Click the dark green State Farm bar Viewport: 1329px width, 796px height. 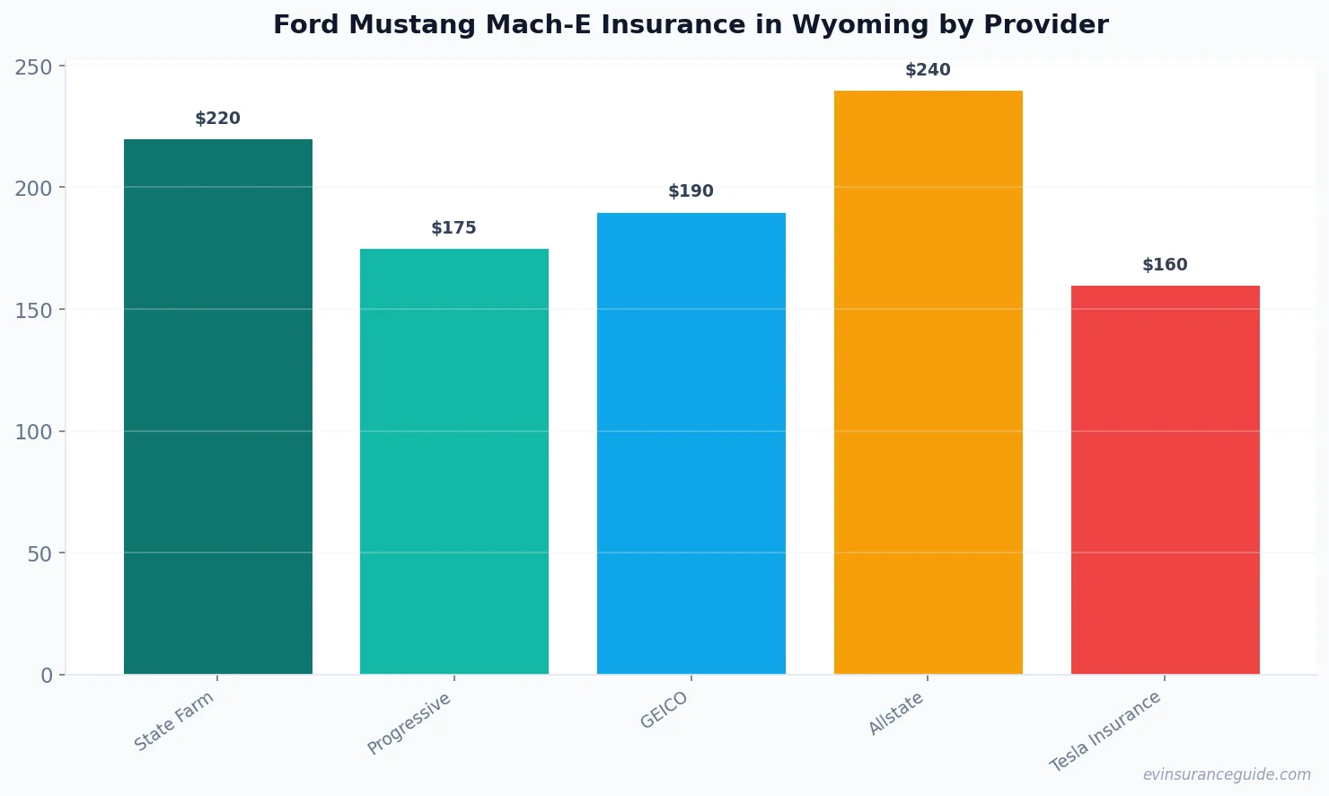point(218,406)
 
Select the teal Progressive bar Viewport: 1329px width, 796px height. point(454,461)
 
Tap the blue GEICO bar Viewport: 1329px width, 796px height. point(691,443)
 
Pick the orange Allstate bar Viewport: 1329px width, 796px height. point(928,382)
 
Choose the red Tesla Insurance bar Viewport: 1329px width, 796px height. point(1165,480)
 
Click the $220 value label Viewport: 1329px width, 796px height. point(218,119)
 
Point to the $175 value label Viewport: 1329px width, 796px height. point(454,228)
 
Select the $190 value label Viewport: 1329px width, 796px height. point(691,191)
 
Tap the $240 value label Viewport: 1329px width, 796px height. point(928,70)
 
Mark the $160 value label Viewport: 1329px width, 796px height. point(1165,265)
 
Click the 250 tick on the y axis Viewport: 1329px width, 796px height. point(34,66)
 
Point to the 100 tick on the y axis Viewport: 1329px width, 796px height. point(34,432)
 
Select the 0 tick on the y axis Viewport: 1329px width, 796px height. point(47,676)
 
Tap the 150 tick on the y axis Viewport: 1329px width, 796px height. point(34,310)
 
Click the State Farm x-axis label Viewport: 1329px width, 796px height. point(174,721)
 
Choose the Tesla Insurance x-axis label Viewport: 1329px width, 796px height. point(1105,732)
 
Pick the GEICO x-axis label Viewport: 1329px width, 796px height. point(664,711)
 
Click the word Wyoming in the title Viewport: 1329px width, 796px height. point(858,25)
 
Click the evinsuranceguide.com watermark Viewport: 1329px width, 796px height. point(1227,774)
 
